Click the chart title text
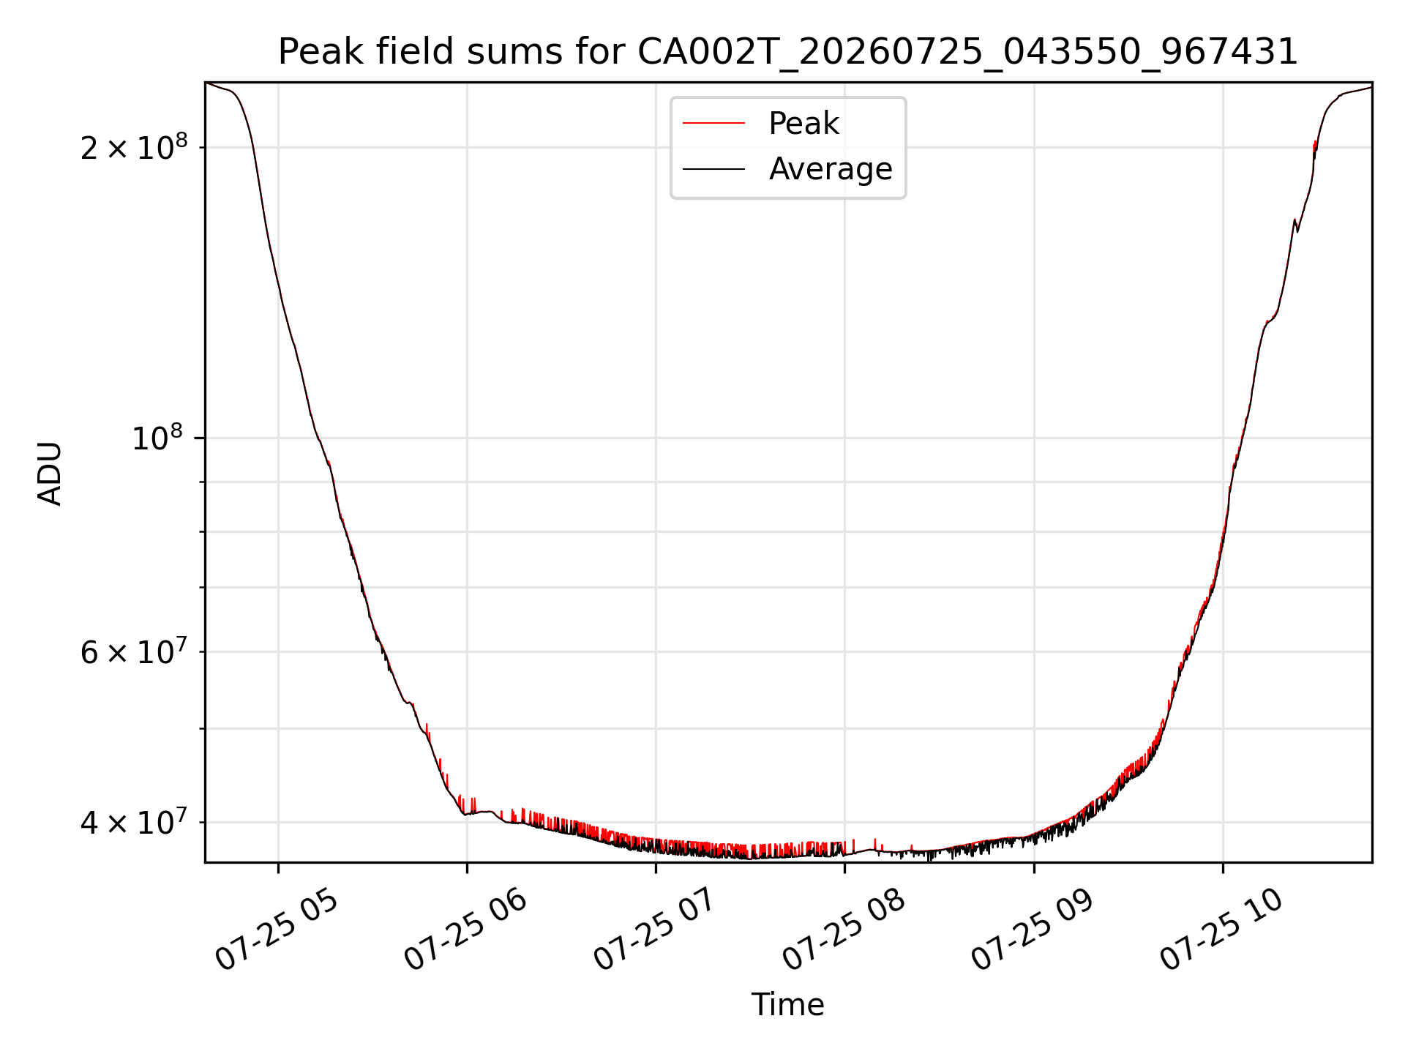point(788,52)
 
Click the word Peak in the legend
point(803,124)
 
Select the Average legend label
point(831,169)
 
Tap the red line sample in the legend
point(713,124)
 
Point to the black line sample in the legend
point(713,170)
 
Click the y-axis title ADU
point(50,474)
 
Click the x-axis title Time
point(788,1005)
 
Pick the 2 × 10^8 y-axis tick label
point(134,147)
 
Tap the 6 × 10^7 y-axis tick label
point(134,651)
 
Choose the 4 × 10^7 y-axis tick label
point(134,822)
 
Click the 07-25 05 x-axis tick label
point(277,930)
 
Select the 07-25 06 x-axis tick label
point(465,930)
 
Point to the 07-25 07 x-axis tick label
point(654,930)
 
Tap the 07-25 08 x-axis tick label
point(844,930)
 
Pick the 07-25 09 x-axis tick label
point(1033,930)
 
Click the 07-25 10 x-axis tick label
point(1221,930)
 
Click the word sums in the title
point(520,53)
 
